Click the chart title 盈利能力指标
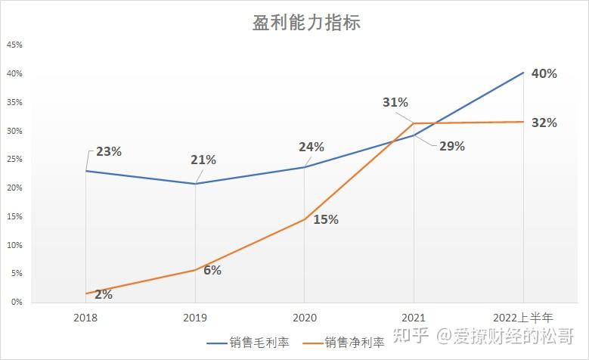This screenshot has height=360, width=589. click(306, 23)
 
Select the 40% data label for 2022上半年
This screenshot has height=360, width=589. click(544, 74)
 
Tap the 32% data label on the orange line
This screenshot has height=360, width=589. click(544, 123)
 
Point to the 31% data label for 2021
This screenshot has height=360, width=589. click(395, 102)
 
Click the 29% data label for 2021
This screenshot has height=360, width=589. click(451, 147)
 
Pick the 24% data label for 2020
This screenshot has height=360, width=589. click(311, 147)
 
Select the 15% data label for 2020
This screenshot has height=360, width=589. click(325, 220)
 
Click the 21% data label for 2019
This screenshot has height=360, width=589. click(203, 160)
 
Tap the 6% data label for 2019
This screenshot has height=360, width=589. click(212, 270)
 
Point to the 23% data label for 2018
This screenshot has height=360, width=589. click(109, 151)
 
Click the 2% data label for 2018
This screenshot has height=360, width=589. click(104, 294)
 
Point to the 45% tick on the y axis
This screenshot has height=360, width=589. click(14, 45)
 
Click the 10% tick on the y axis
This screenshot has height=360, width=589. click(14, 245)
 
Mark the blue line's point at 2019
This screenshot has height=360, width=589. click(195, 184)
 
